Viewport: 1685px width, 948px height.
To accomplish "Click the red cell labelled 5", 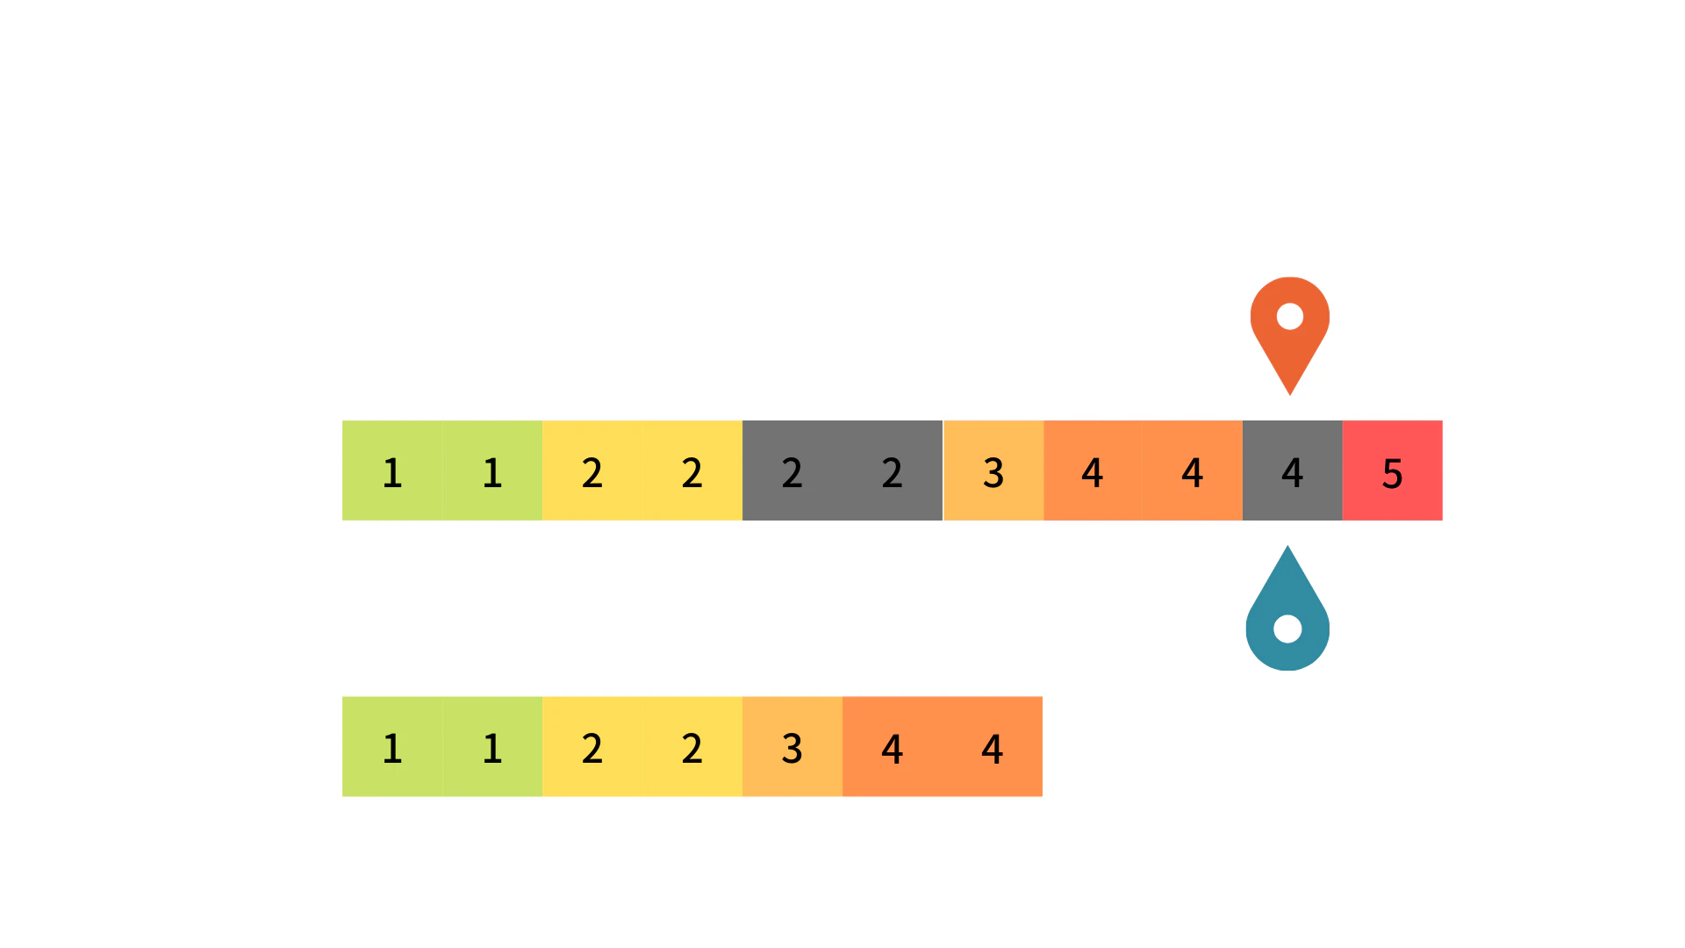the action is (1393, 470).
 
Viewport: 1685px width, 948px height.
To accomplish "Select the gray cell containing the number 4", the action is (1293, 470).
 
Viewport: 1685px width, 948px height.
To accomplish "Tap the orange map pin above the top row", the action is (1290, 329).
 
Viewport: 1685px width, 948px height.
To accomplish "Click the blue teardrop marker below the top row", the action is (1287, 614).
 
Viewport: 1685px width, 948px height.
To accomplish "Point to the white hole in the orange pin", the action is (1290, 316).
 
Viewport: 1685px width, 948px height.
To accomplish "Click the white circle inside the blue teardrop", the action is (1287, 628).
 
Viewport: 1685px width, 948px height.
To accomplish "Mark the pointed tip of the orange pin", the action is (1290, 395).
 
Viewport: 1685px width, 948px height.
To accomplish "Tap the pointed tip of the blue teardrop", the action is (1287, 546).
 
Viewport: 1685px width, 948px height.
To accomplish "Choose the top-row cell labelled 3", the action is (993, 470).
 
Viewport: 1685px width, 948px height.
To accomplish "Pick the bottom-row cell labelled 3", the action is (792, 746).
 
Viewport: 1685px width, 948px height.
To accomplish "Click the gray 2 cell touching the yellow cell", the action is (792, 470).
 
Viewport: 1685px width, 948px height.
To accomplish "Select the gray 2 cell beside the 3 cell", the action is (893, 470).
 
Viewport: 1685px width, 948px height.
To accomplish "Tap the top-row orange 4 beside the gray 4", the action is (1193, 470).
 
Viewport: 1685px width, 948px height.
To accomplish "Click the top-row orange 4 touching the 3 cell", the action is (1093, 470).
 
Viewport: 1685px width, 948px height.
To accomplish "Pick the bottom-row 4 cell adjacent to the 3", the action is (893, 746).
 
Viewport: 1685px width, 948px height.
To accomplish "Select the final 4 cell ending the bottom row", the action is (993, 746).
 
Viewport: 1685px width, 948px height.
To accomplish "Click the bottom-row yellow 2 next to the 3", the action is (692, 746).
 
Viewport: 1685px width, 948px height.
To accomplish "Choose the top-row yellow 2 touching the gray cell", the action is (692, 470).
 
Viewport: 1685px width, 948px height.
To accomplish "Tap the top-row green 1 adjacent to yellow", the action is (492, 470).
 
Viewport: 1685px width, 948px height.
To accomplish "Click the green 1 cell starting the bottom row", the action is (392, 746).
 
